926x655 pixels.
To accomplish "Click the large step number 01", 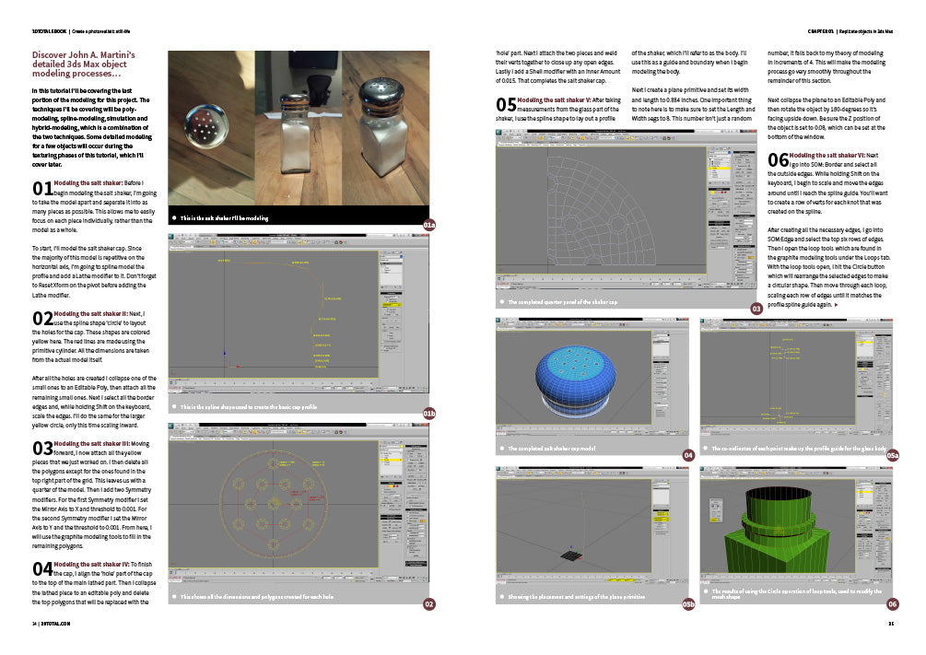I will [x=41, y=190].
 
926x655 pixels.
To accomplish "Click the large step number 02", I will [x=41, y=319].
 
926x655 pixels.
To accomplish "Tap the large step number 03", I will [x=41, y=448].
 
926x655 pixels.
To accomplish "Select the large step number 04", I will [x=41, y=567].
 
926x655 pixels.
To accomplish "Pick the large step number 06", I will [x=778, y=160].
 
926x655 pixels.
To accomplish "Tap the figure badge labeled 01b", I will [x=428, y=414].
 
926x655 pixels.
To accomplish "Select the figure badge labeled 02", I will [x=428, y=604].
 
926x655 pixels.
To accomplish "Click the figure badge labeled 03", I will [x=756, y=309].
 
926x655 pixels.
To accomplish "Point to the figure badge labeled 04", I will [x=687, y=455].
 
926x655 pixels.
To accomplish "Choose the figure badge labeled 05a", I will [x=892, y=455].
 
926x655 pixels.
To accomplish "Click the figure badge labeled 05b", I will [x=687, y=604].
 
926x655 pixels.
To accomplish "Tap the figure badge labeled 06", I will [x=892, y=604].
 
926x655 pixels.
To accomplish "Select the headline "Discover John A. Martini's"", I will [x=84, y=55].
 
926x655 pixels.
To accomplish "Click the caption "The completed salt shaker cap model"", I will [x=553, y=449].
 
